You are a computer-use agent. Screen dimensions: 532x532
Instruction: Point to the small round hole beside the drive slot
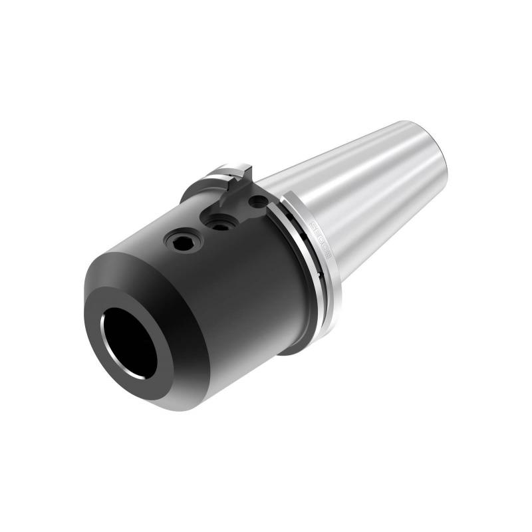point(256,200)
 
